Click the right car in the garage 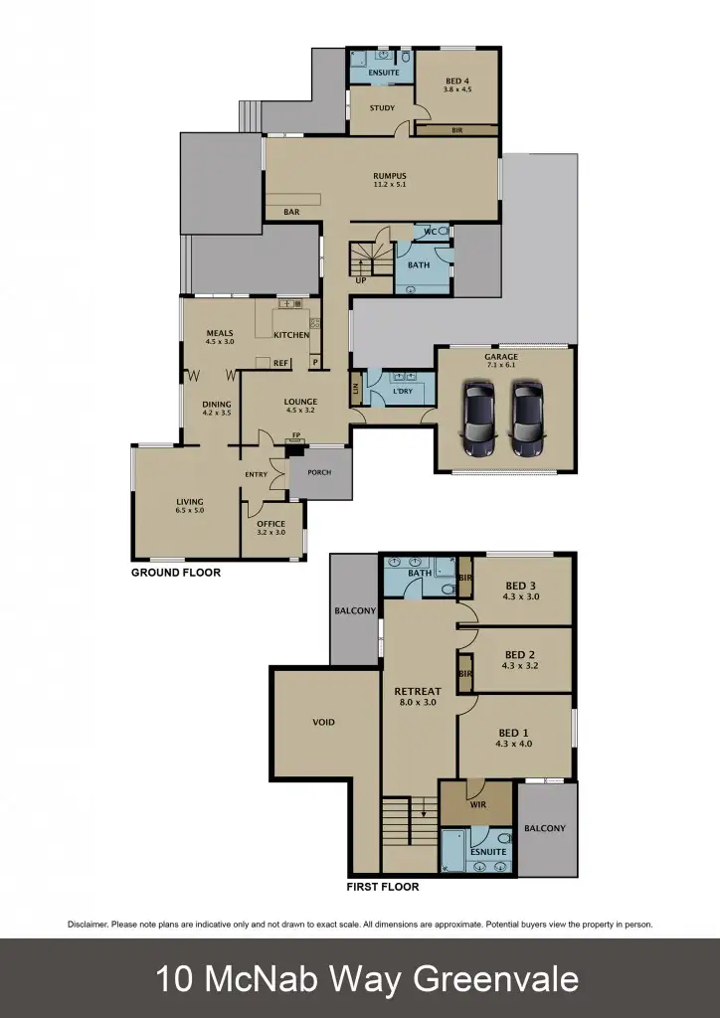pos(527,419)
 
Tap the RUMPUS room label pos(389,177)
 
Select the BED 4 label pos(456,79)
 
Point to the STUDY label pos(382,108)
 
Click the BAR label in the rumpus pos(291,212)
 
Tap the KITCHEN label pos(291,335)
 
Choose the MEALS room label pos(219,333)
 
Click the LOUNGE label pos(299,402)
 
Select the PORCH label pos(319,473)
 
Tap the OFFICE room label pos(270,524)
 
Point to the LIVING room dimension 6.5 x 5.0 pos(190,511)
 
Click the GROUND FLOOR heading pos(176,573)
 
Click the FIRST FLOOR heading pos(382,887)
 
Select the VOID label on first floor pos(322,723)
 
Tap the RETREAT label pos(417,691)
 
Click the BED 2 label pos(521,655)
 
